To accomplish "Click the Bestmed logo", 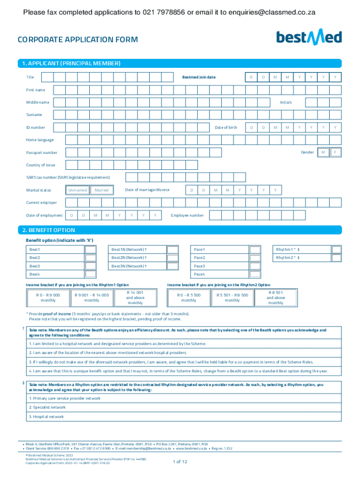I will (309, 37).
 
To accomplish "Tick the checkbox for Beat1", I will (90, 250).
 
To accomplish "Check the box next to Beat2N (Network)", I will (173, 258).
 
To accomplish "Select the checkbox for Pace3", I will (255, 266).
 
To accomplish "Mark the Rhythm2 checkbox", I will (337, 258).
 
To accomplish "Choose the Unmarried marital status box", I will (77, 190).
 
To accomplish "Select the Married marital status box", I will (101, 190).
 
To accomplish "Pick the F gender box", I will (335, 152).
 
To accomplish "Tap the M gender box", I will (323, 152).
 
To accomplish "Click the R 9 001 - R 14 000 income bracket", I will (92, 298).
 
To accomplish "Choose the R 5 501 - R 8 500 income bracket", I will (232, 298).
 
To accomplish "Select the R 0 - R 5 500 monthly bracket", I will (189, 298).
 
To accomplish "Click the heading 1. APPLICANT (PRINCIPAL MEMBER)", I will (75, 63).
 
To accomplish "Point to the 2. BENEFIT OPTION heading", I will (52, 230).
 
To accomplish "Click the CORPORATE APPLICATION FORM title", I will (78, 40).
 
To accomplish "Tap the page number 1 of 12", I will (180, 462).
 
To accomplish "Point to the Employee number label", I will (187, 215).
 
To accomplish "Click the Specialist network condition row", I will (47, 407).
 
